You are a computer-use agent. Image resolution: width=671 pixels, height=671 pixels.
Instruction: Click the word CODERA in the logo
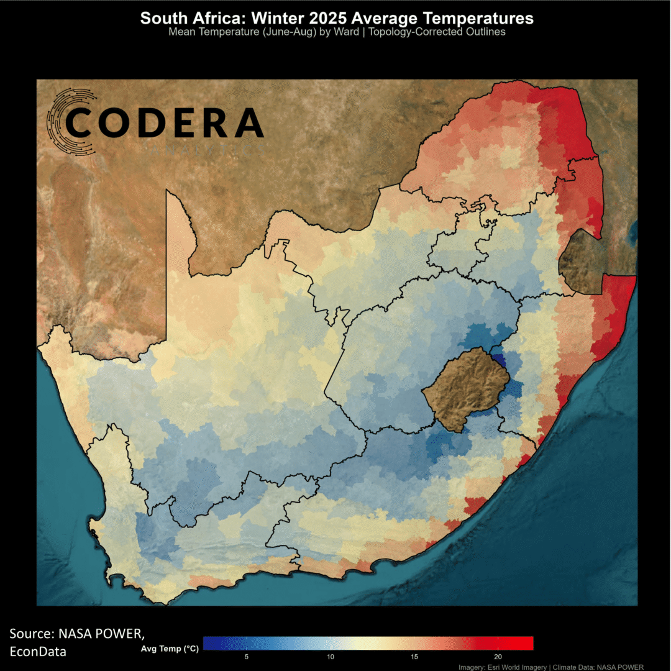pyautogui.click(x=165, y=122)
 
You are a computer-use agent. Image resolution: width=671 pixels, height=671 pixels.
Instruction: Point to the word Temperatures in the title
pyautogui.click(x=473, y=18)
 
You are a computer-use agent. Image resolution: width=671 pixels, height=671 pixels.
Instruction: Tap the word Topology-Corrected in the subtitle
pyautogui.click(x=414, y=32)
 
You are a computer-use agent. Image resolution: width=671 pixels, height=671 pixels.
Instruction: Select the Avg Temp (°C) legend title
pyautogui.click(x=170, y=649)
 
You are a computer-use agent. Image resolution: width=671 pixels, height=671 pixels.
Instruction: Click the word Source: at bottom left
pyautogui.click(x=32, y=634)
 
